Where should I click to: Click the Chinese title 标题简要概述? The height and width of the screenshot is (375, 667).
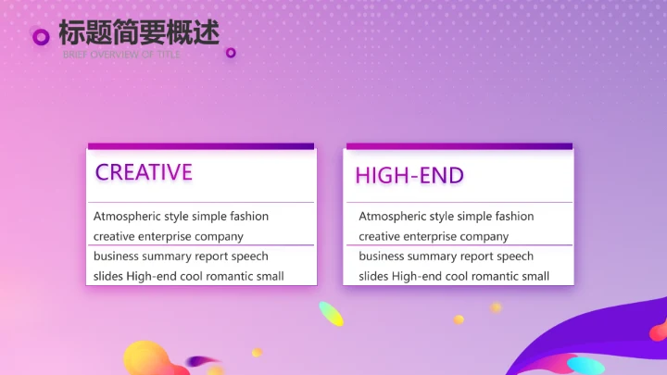(139, 32)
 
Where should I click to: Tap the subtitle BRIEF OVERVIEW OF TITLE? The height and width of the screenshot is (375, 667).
(122, 55)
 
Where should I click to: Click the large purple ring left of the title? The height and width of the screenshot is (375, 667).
(41, 37)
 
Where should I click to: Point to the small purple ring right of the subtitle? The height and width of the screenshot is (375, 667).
(231, 53)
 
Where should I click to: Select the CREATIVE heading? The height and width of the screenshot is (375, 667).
(144, 172)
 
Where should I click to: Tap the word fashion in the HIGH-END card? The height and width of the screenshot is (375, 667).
(514, 217)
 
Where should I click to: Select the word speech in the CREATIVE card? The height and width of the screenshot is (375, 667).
(249, 256)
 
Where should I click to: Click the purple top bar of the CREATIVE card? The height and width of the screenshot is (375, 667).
(201, 145)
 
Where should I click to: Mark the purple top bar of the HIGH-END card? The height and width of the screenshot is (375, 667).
(459, 145)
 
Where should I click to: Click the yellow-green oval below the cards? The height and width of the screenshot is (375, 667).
(331, 314)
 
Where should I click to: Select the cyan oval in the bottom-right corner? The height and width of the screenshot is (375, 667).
(585, 366)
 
